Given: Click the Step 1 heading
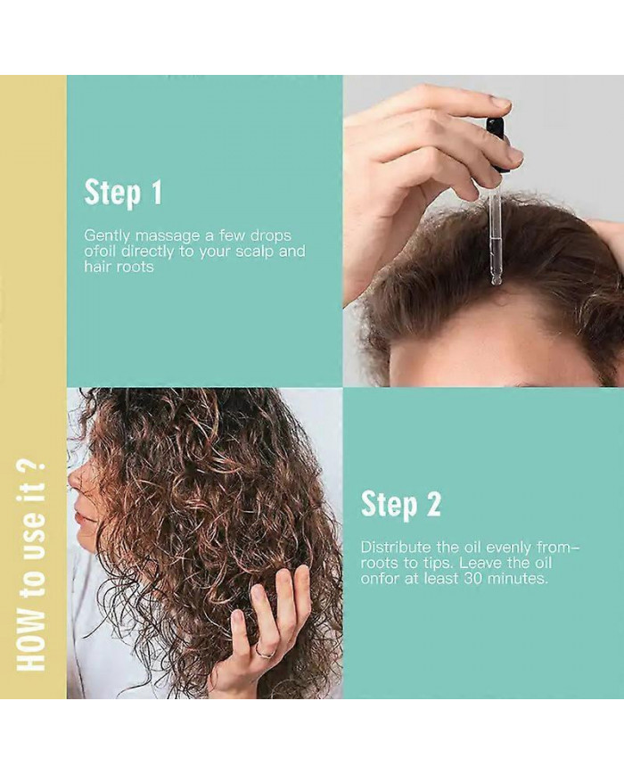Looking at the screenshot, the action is coord(123,193).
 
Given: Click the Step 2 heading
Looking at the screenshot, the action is coord(400,504).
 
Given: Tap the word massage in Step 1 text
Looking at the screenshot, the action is coord(168,235).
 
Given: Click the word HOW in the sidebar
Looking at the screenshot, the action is coord(31,645).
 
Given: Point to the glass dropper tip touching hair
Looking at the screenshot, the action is coord(495,280).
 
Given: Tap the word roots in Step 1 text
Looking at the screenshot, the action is coord(135,268).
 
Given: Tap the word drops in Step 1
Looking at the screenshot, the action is coord(271,235).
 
